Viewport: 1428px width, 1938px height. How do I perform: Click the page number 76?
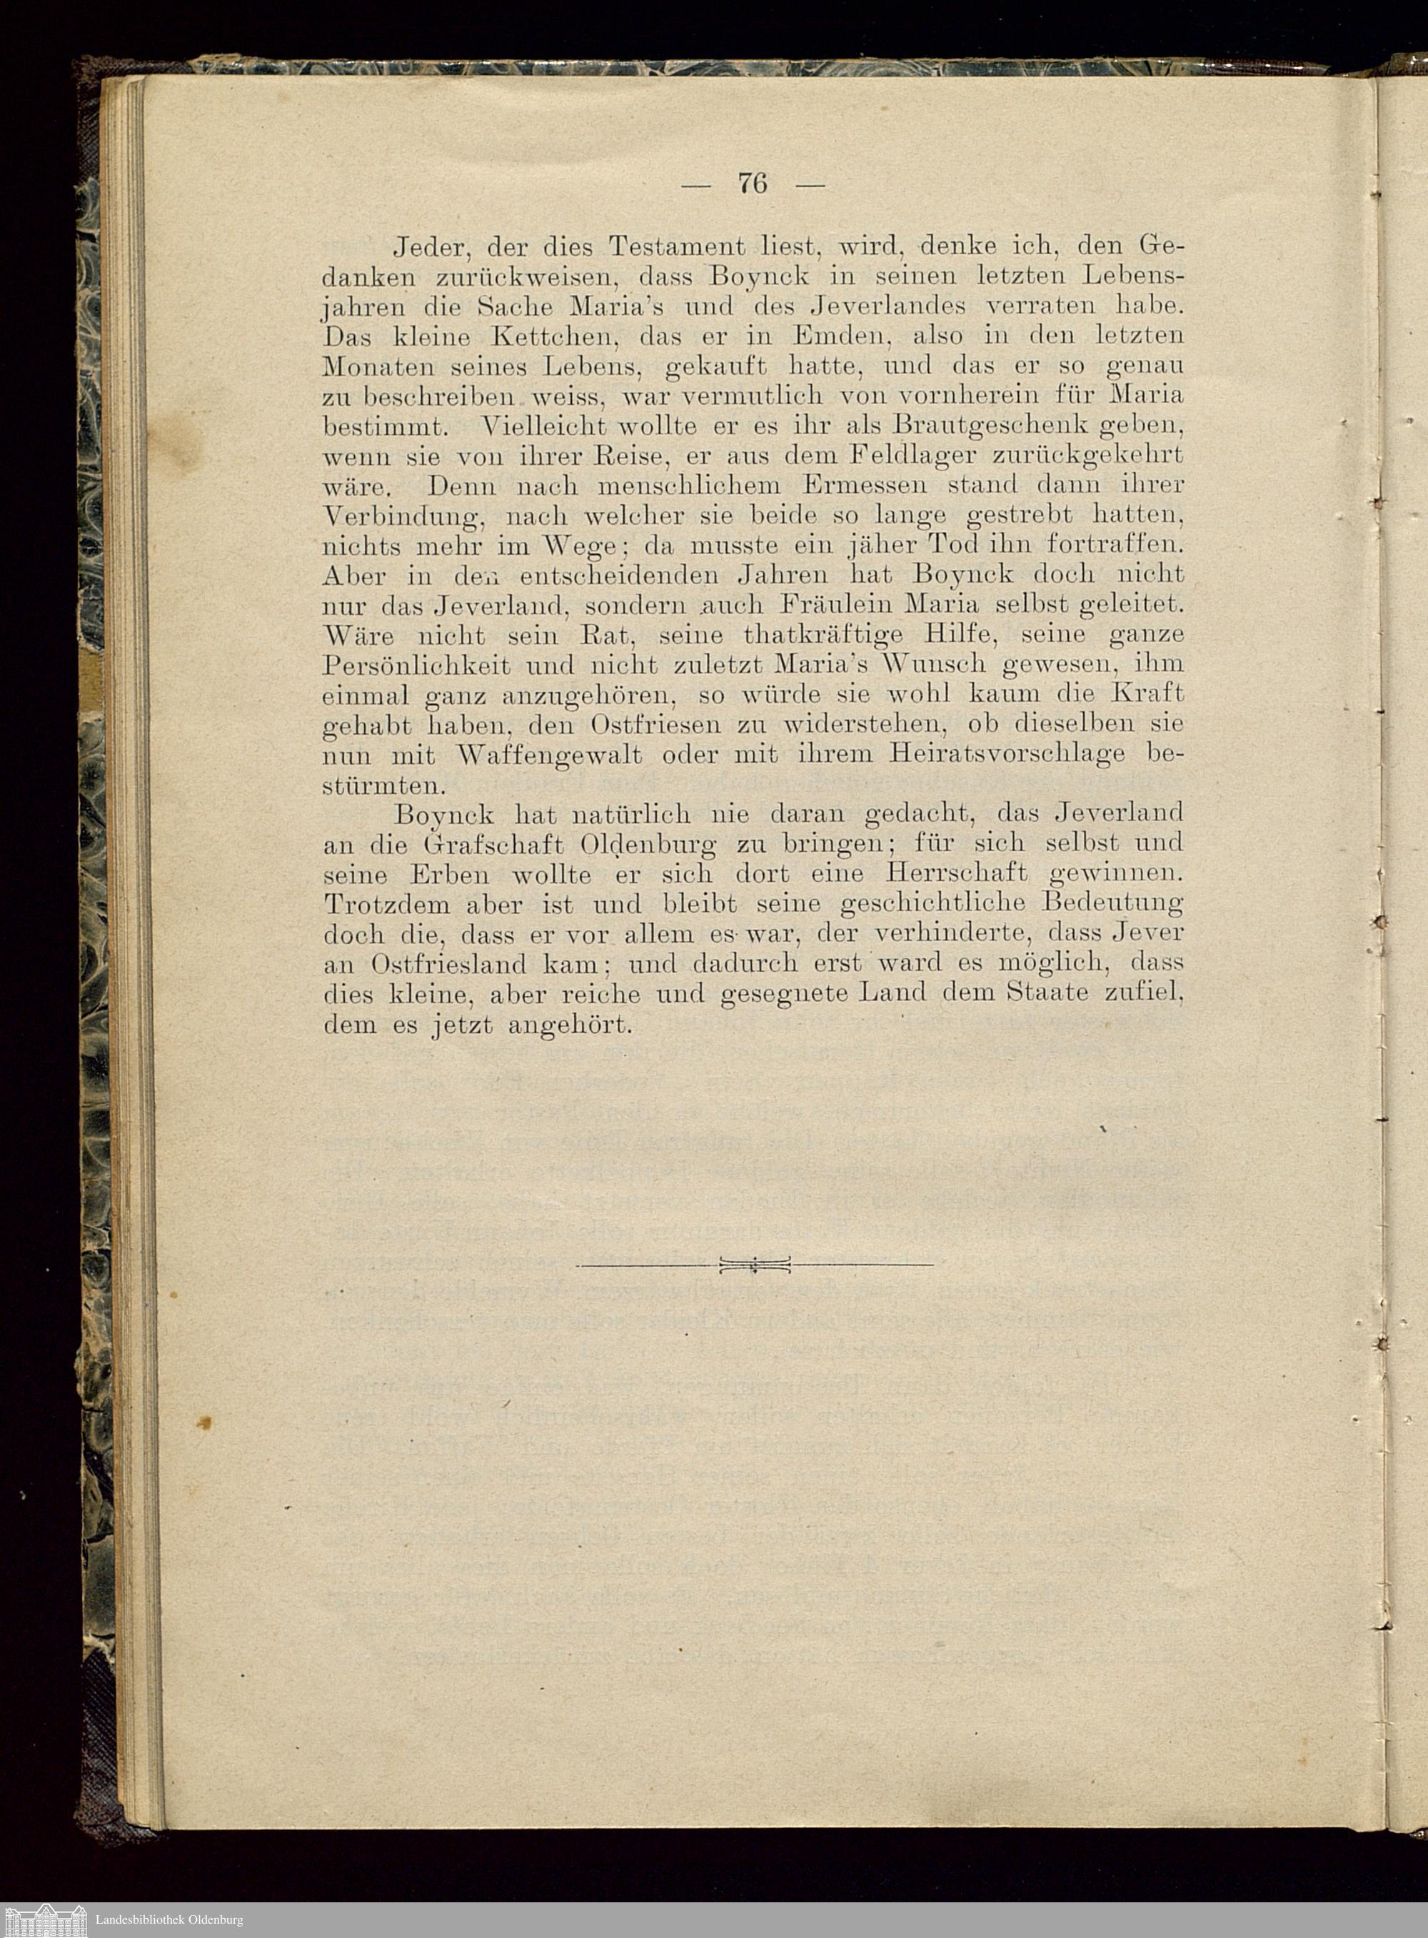coord(753,184)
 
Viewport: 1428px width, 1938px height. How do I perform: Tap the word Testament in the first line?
coord(677,247)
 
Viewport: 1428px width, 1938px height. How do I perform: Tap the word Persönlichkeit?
coord(417,666)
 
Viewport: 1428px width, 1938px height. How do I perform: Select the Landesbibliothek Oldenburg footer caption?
coord(169,1914)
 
